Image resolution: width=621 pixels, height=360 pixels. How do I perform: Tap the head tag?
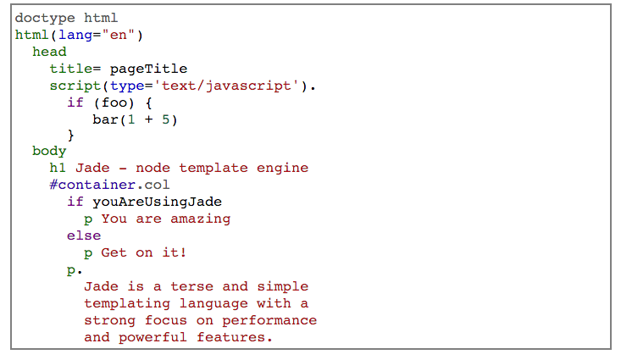pyautogui.click(x=49, y=52)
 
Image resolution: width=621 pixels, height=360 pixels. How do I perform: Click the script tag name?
pyautogui.click(x=75, y=86)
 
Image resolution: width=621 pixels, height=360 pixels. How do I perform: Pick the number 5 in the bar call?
pyautogui.click(x=167, y=119)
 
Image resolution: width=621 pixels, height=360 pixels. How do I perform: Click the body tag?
pyautogui.click(x=49, y=151)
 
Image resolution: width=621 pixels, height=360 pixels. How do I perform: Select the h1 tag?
pyautogui.click(x=58, y=168)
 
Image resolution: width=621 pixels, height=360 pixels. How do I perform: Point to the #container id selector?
pyautogui.click(x=92, y=185)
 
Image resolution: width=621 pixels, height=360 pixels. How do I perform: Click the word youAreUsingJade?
pyautogui.click(x=158, y=202)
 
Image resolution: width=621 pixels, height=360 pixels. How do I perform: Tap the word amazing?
pyautogui.click(x=201, y=219)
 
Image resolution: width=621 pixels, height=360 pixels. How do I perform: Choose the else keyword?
pyautogui.click(x=84, y=235)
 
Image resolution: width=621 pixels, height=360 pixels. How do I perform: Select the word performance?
pyautogui.click(x=270, y=320)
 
